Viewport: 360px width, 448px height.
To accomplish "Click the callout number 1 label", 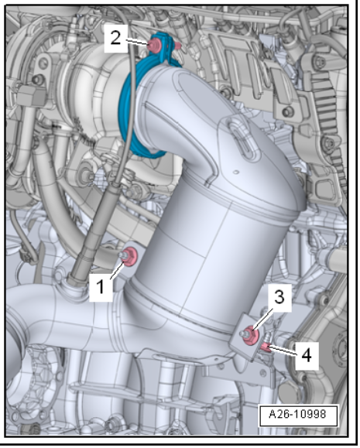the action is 101,287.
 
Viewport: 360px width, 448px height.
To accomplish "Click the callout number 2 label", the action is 115,38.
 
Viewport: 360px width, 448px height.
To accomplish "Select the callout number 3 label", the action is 279,297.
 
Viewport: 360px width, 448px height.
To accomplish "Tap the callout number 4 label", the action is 307,356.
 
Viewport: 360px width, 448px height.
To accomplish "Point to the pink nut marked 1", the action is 130,256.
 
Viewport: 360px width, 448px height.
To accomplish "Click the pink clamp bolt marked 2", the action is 154,46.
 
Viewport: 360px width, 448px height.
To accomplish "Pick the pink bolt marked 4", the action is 266,347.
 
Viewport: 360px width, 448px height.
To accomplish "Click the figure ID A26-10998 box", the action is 298,415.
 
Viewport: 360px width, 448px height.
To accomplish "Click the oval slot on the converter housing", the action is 242,138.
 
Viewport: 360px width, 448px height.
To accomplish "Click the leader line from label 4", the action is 283,351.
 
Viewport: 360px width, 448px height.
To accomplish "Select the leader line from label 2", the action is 137,42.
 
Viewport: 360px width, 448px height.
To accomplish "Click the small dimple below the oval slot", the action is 236,172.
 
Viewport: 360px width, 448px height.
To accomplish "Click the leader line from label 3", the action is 262,318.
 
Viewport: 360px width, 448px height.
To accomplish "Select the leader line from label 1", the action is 117,270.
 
